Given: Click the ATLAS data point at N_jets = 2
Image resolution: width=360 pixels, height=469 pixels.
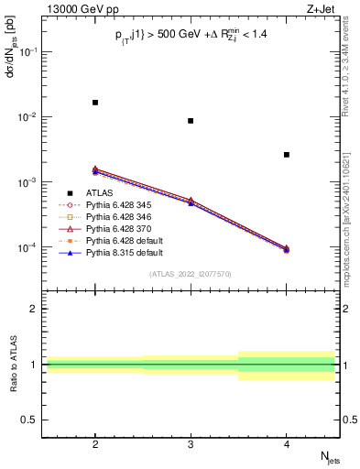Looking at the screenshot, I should point(95,103).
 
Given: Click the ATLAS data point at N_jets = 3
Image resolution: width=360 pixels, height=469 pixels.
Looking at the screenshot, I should point(191,121).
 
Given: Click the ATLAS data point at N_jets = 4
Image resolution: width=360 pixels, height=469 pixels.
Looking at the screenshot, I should point(287,155).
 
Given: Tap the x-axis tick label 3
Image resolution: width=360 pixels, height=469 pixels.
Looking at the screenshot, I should point(191,442).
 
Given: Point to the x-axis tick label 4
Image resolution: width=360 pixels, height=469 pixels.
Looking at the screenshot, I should point(287,442).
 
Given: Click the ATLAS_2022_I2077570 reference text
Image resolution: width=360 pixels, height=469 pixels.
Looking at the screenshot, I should point(191,274).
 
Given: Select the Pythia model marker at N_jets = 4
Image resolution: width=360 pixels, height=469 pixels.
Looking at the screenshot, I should point(287,249).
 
